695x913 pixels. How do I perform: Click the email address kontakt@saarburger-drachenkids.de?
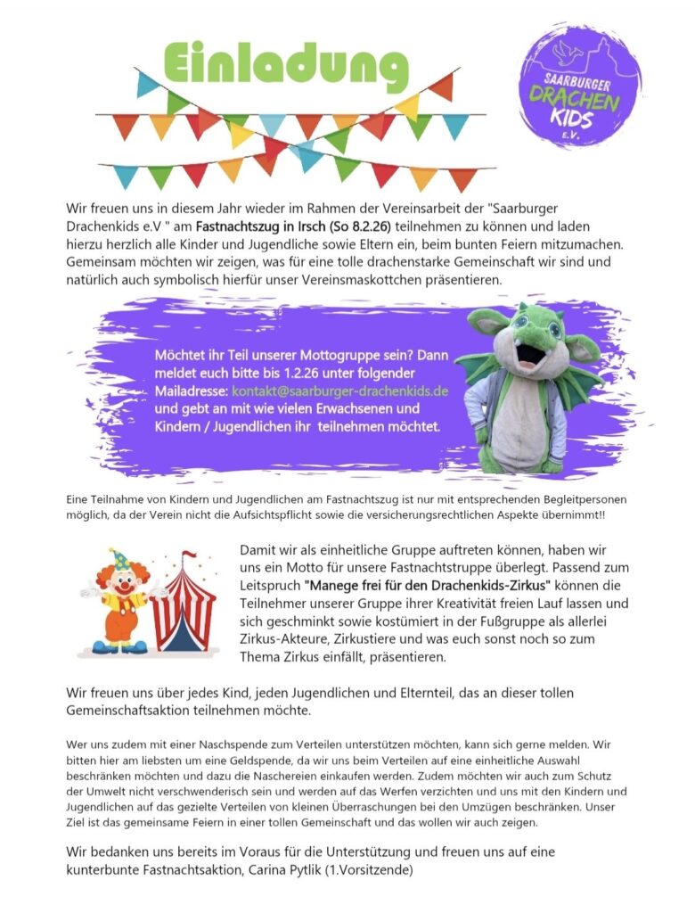pyautogui.click(x=339, y=391)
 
